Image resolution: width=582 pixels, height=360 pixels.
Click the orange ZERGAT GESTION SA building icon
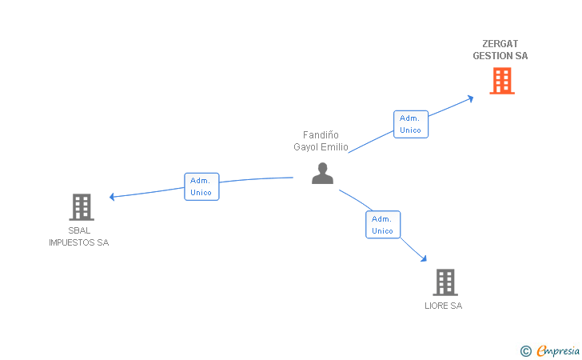(501, 80)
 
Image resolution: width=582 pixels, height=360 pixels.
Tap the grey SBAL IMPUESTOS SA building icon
(81, 206)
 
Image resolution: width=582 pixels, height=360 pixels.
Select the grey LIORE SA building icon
(444, 282)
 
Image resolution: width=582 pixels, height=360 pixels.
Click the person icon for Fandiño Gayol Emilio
(322, 173)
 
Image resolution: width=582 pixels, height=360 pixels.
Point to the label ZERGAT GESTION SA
(500, 50)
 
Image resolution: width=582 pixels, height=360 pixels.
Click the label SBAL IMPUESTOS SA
(78, 237)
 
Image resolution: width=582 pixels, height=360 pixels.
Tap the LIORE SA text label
(444, 306)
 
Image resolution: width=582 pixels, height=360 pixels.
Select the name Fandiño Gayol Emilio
(321, 141)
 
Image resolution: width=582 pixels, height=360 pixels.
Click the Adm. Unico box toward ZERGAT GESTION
(411, 124)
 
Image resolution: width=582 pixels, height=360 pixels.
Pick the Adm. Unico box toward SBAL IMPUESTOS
(201, 186)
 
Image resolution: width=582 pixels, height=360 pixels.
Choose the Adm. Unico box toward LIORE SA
(383, 224)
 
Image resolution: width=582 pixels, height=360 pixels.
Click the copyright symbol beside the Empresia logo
(525, 350)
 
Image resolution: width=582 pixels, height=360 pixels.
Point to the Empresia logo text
(558, 350)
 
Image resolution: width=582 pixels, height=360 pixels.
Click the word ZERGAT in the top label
(500, 44)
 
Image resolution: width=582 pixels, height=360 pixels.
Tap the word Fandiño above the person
(321, 135)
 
